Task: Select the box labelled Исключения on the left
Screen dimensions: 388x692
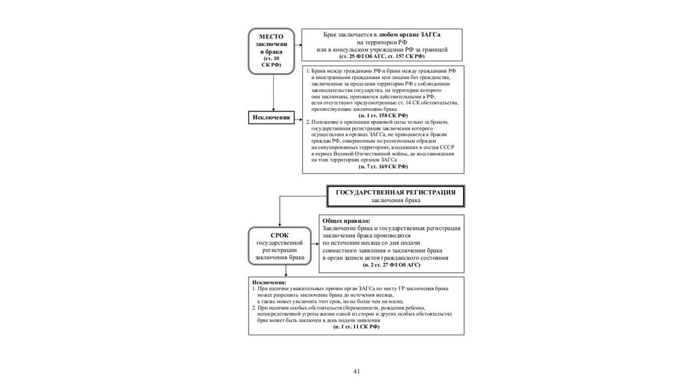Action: tap(272, 118)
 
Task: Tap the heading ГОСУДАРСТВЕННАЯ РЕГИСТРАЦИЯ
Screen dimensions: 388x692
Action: tap(396, 192)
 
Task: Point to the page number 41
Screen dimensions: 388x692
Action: tap(358, 371)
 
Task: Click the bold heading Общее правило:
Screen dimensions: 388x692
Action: tap(347, 221)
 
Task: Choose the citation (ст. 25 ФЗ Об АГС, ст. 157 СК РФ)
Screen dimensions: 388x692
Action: tap(382, 57)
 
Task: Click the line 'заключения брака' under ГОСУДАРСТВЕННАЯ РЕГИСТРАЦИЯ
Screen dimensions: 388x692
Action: tap(396, 201)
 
